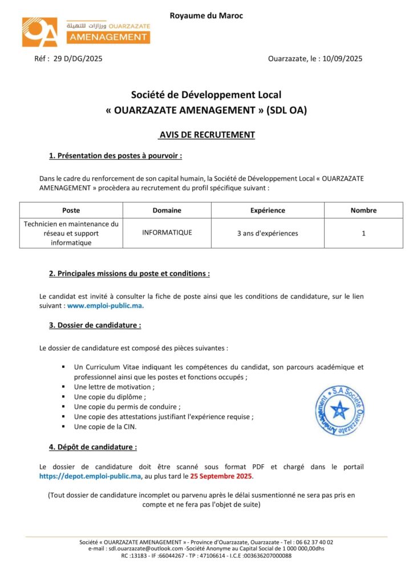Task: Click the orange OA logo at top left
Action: (40, 32)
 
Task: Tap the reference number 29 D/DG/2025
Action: (78, 58)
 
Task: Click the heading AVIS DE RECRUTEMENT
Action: (206, 135)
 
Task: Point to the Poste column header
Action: (71, 210)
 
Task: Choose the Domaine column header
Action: (167, 210)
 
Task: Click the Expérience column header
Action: (268, 210)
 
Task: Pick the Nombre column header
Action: (363, 210)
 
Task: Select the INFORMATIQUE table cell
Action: (167, 233)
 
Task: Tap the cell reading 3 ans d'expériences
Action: (268, 233)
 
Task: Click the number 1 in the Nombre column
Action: (363, 233)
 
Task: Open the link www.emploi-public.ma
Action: (106, 306)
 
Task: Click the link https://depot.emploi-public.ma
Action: (90, 476)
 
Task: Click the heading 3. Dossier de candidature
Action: (95, 325)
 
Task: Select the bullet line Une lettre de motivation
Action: (114, 387)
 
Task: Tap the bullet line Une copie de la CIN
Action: (105, 427)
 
